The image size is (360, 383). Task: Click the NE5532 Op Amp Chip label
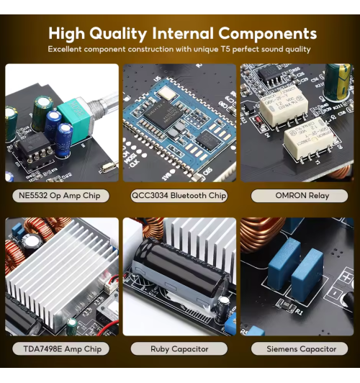(x=60, y=196)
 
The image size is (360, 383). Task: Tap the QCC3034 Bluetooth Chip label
(x=179, y=196)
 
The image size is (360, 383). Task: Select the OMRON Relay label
(x=300, y=196)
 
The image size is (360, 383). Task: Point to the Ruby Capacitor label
(x=179, y=348)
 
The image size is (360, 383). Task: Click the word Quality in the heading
(x=118, y=34)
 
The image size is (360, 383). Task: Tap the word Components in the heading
(x=267, y=33)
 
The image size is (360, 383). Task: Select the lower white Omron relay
(x=308, y=140)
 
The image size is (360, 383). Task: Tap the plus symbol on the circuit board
(x=346, y=277)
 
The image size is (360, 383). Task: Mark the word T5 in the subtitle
(x=225, y=49)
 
